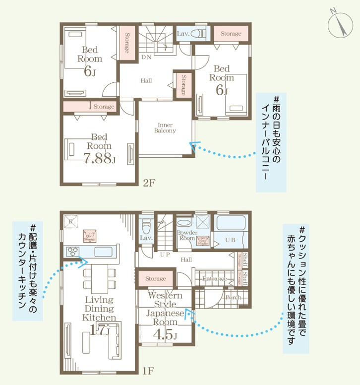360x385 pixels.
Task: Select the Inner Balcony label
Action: pos(165,128)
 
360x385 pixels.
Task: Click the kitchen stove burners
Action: pos(73,251)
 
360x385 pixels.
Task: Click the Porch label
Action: pos(233,298)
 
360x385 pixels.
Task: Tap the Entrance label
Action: pos(214,279)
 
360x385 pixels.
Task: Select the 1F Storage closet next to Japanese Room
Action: pos(156,279)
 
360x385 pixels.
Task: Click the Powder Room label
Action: pos(187,235)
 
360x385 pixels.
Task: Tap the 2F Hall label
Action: pos(146,81)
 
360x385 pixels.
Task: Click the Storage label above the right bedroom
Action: pos(231,34)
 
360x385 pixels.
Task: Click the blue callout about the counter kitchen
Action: pos(27,270)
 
